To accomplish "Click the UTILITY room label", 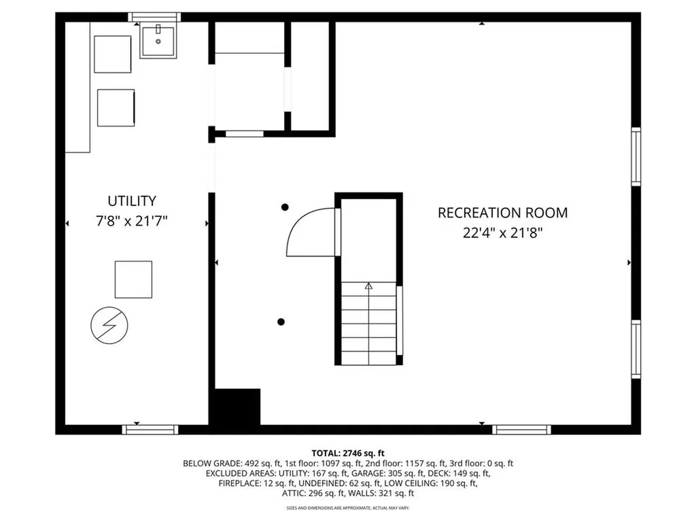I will (x=132, y=201).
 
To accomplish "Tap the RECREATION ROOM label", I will (x=502, y=213).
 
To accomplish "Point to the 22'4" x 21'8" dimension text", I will (x=502, y=232).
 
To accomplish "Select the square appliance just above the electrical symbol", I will (x=133, y=279).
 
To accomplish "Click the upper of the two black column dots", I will (x=285, y=207).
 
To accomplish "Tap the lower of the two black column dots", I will (x=281, y=321).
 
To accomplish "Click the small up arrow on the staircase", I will (x=368, y=286).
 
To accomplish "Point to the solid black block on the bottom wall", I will (x=238, y=406).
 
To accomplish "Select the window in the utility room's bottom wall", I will (x=150, y=429).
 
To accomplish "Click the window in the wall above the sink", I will (x=154, y=17).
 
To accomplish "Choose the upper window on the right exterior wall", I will (x=636, y=156).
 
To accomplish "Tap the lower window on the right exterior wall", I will (x=636, y=349).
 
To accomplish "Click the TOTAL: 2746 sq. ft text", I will (x=348, y=453).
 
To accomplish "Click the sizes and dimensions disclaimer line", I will (x=348, y=508).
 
